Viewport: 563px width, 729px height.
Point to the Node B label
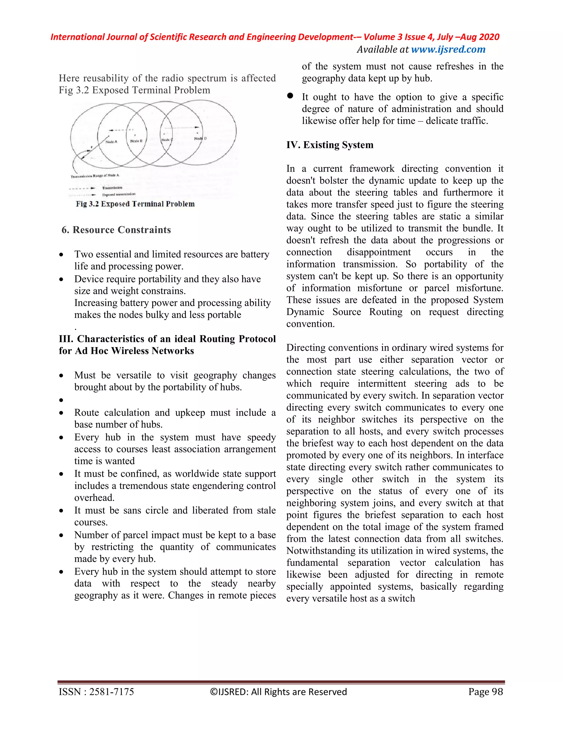pyautogui.click(x=136, y=141)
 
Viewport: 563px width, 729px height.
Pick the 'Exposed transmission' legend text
pyautogui.click(x=118, y=194)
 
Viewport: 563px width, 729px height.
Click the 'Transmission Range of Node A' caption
pyautogui.click(x=95, y=176)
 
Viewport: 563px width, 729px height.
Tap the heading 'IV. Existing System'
pyautogui.click(x=330, y=145)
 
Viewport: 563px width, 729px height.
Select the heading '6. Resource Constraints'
pyautogui.click(x=116, y=230)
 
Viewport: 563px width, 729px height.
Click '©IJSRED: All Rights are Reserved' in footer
pyautogui.click(x=278, y=692)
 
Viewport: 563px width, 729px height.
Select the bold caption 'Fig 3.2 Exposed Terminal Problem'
pyautogui.click(x=135, y=204)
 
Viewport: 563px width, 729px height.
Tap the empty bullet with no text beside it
pyautogui.click(x=61, y=400)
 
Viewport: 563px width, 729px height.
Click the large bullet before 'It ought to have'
pyautogui.click(x=290, y=96)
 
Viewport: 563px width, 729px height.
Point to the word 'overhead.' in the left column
pyautogui.click(x=94, y=498)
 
